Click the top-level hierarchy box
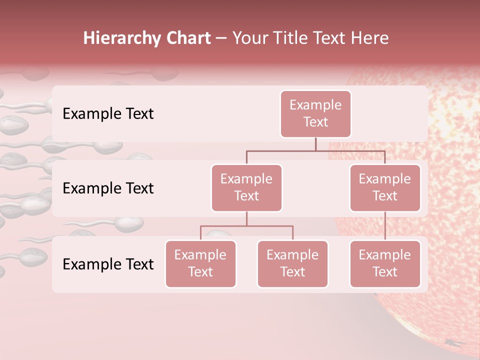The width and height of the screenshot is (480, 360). point(315,113)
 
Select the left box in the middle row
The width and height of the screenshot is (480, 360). point(246,187)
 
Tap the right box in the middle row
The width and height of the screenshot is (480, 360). point(385,187)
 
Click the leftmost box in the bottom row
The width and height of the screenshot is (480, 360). point(200,263)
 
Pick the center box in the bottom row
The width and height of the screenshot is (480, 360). point(292,263)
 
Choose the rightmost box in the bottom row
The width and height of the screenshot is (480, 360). point(385,263)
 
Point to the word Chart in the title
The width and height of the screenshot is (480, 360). point(186,38)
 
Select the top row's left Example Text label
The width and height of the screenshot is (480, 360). point(108,114)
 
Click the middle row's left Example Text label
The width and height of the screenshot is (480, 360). point(108,188)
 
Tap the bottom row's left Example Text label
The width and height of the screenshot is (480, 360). point(108,264)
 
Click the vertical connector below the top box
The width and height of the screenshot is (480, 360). point(315,144)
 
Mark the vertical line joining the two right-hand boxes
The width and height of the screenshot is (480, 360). point(385,226)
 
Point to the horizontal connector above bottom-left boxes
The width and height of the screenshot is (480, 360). point(246,226)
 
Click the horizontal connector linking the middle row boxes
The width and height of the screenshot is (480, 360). point(315,150)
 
